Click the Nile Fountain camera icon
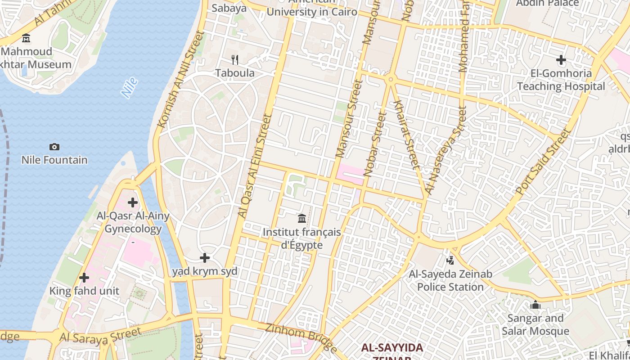coord(54,147)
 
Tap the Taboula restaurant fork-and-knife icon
coord(234,59)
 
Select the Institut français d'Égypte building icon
coord(302,219)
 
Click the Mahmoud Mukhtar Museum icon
coord(26,38)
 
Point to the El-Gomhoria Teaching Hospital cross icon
coord(561,59)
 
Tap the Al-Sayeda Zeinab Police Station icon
coord(450,260)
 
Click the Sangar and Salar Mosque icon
coord(535,305)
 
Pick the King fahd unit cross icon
coord(84,278)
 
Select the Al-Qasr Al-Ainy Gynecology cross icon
coord(133,202)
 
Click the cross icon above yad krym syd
coord(205,258)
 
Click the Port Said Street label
coord(543,162)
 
